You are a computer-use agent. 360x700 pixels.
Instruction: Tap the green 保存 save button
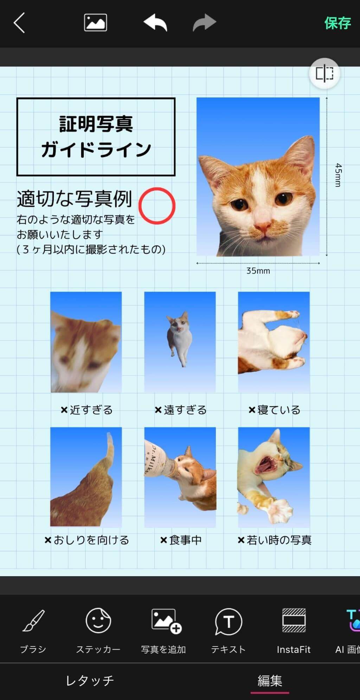pos(337,23)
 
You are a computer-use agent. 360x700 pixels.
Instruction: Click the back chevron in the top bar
pos(19,23)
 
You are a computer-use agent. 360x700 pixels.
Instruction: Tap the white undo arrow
pos(155,23)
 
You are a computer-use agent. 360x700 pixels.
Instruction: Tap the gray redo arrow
pos(204,23)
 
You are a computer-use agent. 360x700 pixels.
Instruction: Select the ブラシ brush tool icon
pos(34,621)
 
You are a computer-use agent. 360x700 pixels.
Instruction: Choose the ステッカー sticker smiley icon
pos(98,621)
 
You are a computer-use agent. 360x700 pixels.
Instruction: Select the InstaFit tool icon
pos(294,621)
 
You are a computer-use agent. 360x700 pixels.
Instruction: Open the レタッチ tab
pos(90,681)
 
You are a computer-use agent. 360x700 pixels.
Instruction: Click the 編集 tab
pos(270,681)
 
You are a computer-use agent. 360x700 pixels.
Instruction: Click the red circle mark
pos(157,206)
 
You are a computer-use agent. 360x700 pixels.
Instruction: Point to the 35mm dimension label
pos(258,271)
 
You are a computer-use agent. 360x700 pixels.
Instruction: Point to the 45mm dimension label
pos(338,175)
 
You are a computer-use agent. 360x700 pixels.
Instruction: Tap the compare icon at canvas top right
pos(324,74)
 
